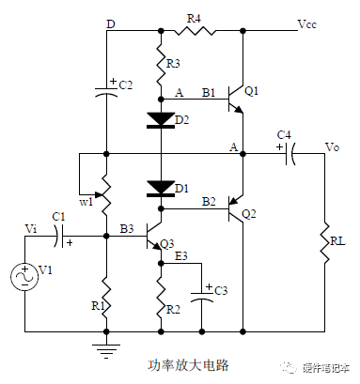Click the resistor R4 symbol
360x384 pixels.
click(x=202, y=30)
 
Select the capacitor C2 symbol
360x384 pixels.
click(x=106, y=90)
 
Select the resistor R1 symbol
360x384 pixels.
click(x=106, y=299)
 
